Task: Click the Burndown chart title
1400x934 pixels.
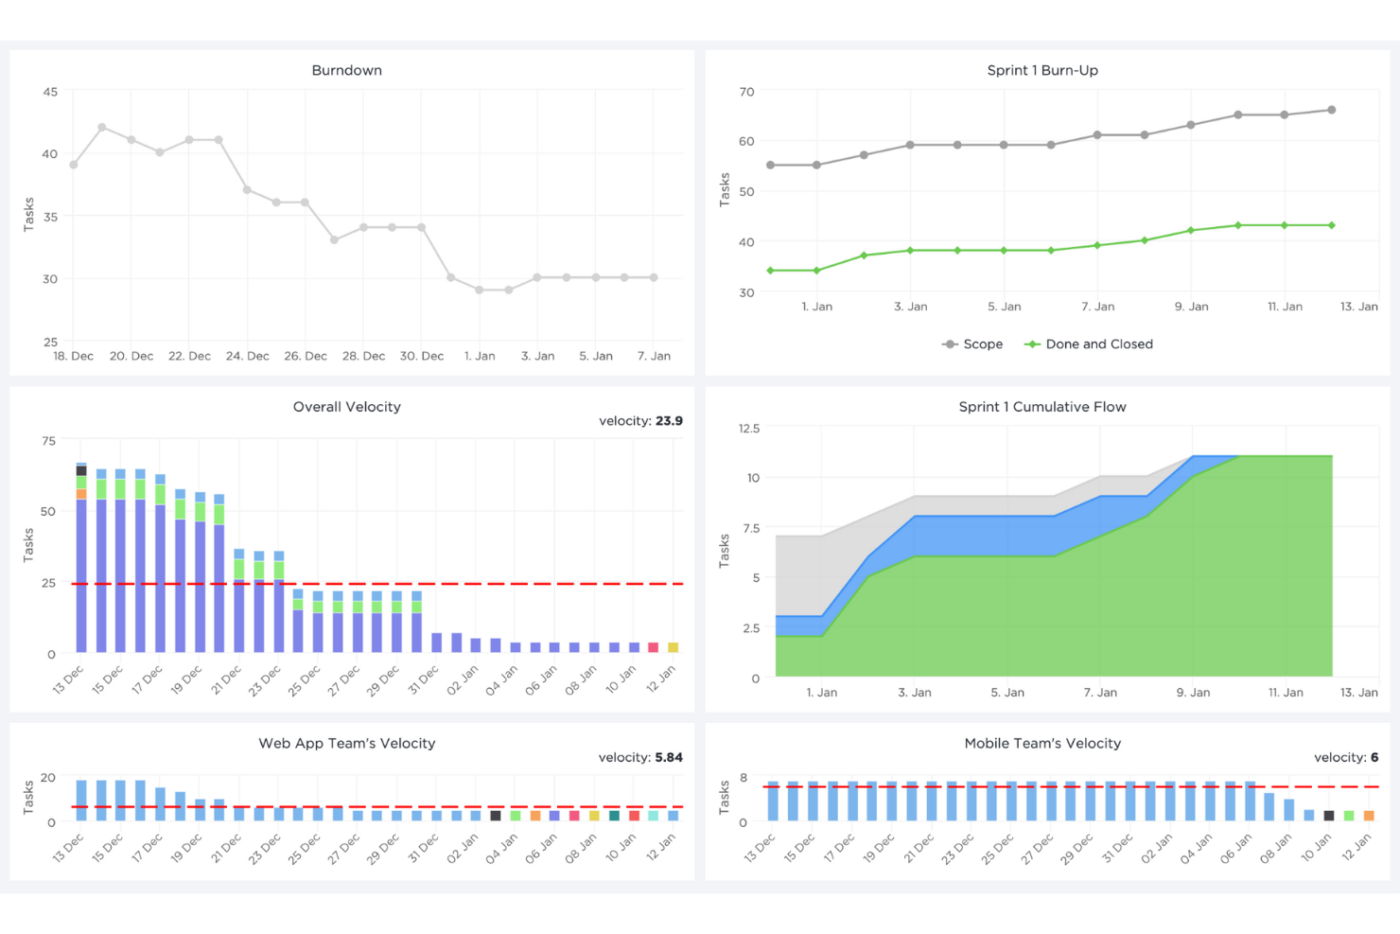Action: point(347,70)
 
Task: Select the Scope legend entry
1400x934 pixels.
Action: point(971,344)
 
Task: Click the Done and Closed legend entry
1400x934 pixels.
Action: point(1088,344)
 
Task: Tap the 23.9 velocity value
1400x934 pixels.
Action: point(669,421)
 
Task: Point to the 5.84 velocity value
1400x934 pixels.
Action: point(669,757)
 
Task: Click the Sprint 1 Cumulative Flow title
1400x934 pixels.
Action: point(1041,407)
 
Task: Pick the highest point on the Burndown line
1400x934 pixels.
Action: point(102,128)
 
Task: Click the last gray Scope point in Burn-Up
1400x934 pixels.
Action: point(1331,110)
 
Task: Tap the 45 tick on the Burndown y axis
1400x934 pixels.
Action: point(50,92)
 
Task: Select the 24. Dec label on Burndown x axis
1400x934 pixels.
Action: point(248,356)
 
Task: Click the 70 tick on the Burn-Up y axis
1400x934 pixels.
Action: point(746,92)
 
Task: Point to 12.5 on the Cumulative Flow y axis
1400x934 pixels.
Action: point(749,429)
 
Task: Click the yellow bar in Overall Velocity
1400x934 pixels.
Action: point(674,647)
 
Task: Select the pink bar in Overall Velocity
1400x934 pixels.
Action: point(653,647)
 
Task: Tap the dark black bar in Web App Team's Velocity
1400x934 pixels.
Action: point(496,815)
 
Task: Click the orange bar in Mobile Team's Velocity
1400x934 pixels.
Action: point(1369,815)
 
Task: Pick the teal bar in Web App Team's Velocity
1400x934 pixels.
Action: point(614,815)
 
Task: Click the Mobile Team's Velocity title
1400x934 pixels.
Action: point(1042,744)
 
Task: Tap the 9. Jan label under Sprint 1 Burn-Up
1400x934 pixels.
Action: point(1191,307)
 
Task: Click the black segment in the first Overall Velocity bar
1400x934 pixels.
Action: point(81,470)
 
